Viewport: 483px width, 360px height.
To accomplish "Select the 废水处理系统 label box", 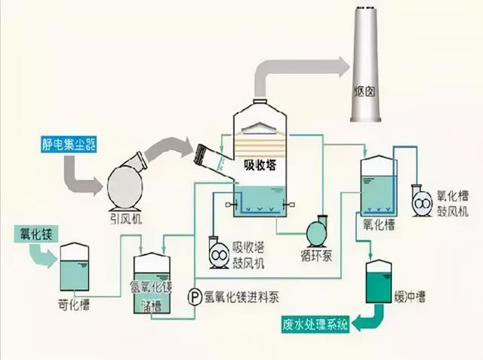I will (309, 325).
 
